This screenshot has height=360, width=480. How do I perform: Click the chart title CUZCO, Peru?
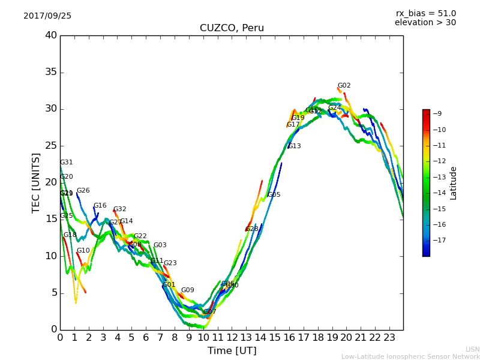[x=232, y=28]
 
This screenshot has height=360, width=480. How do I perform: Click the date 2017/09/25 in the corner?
[x=47, y=16]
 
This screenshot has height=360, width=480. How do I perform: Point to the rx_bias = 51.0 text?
[x=425, y=14]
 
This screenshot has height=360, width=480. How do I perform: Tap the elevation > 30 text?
[x=425, y=23]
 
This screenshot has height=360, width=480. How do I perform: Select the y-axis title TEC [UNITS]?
[x=36, y=182]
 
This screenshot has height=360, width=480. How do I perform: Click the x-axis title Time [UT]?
[x=232, y=351]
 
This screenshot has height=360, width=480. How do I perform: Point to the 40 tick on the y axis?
[x=51, y=35]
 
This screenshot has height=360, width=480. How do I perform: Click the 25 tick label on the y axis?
[x=51, y=146]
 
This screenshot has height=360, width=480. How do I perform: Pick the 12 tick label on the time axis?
[x=232, y=337]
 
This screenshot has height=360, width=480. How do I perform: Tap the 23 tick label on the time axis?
[x=389, y=337]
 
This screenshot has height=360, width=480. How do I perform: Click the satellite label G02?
[x=344, y=86]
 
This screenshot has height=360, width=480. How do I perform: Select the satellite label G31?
[x=67, y=163]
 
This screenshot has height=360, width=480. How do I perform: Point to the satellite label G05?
[x=274, y=195]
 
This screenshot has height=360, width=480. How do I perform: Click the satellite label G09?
[x=188, y=290]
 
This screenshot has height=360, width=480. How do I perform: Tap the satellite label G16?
[x=100, y=206]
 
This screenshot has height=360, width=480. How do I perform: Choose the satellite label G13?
[x=295, y=146]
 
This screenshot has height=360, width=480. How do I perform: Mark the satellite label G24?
[x=335, y=108]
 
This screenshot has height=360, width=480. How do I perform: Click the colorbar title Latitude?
[x=454, y=183]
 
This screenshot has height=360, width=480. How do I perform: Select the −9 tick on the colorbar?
[x=437, y=114]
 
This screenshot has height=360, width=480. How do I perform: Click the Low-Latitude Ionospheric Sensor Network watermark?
[x=410, y=357]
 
